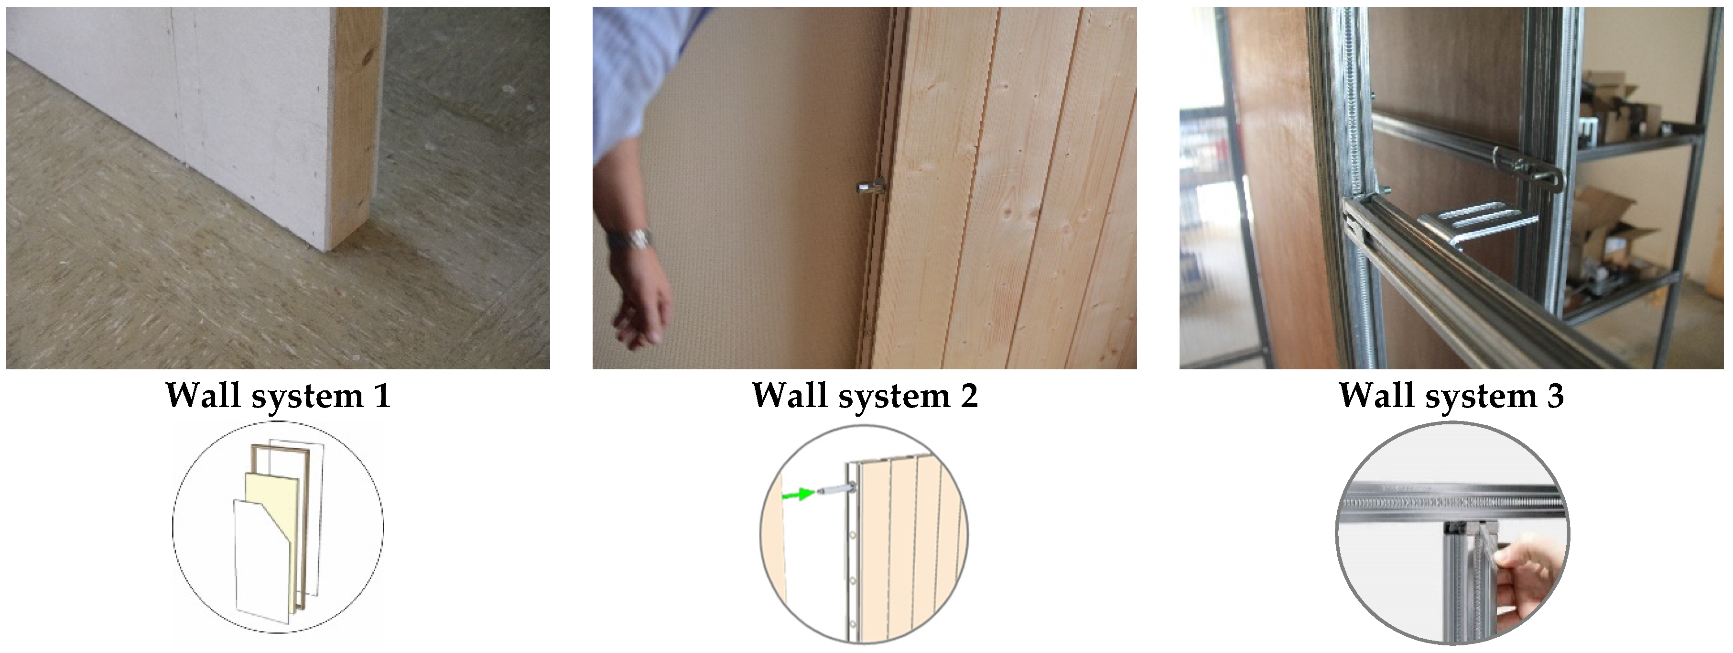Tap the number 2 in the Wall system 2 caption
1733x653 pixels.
pos(969,396)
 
